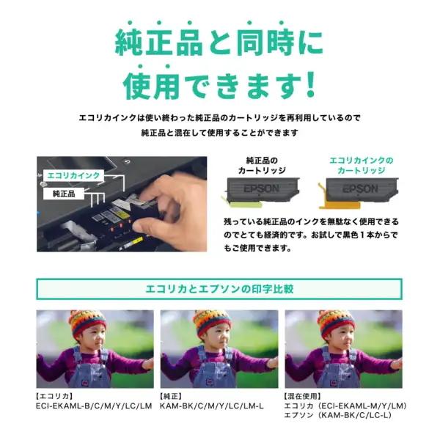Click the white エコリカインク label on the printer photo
[x=73, y=176]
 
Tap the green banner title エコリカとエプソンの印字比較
[x=220, y=289]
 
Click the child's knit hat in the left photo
[x=87, y=321]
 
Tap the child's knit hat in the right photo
[x=337, y=321]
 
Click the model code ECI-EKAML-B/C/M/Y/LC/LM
[x=94, y=406]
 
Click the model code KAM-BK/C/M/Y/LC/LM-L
[x=212, y=406]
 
